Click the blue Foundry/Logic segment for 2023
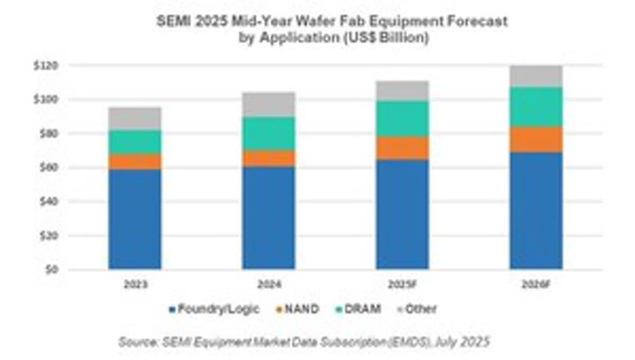pos(135,219)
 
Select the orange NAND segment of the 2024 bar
pos(269,158)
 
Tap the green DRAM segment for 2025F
pos(402,119)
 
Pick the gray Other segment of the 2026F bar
pos(536,76)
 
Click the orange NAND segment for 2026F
pos(536,140)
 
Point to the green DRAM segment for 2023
pos(135,142)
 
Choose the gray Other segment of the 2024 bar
pos(269,104)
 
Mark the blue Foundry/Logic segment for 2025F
pos(402,214)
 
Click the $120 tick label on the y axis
pos(46,66)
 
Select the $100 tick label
pos(46,99)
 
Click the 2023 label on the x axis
pos(136,284)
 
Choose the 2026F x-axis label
pos(536,284)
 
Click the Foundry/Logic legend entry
pos(214,309)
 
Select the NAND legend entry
pos(297,309)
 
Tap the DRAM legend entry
pos(358,309)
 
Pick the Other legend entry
pos(417,309)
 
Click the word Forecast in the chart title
pos(477,21)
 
